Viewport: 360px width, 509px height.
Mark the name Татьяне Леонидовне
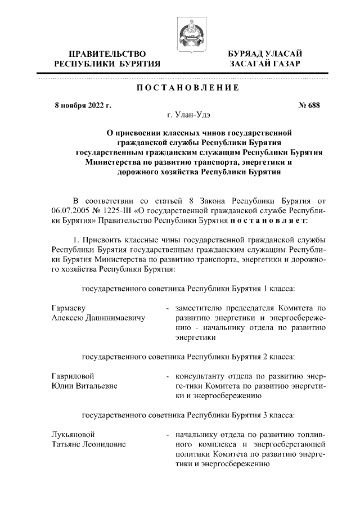pos(88,444)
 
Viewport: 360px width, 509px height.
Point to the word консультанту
pos(200,376)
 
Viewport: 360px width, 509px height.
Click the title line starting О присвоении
pos(199,133)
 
